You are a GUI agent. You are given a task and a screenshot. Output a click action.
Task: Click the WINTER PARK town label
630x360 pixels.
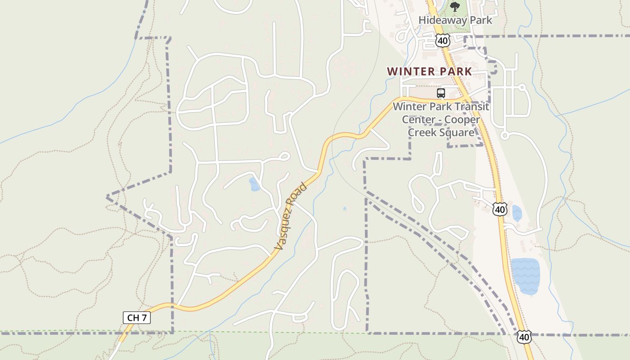(x=429, y=72)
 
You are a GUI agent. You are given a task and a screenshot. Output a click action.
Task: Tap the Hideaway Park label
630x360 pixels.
(x=455, y=20)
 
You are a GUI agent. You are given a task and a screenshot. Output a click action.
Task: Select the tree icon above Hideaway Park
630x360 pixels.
(x=455, y=6)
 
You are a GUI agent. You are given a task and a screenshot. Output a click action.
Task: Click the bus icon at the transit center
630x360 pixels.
(x=441, y=93)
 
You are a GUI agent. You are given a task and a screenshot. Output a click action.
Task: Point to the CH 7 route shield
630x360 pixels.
(x=137, y=318)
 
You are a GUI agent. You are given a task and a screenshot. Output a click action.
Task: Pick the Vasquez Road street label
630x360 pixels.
(x=291, y=216)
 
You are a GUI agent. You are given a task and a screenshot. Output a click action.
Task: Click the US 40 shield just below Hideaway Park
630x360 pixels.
(x=443, y=41)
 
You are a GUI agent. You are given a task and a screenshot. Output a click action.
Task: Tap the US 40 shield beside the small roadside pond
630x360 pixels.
(x=500, y=209)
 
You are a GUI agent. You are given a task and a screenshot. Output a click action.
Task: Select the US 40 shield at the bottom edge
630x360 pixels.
(x=524, y=337)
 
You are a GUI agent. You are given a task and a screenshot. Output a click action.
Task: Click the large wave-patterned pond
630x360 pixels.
(x=525, y=276)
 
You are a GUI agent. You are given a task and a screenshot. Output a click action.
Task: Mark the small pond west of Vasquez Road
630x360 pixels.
(x=254, y=184)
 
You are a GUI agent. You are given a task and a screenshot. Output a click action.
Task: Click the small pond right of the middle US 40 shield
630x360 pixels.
(x=517, y=213)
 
